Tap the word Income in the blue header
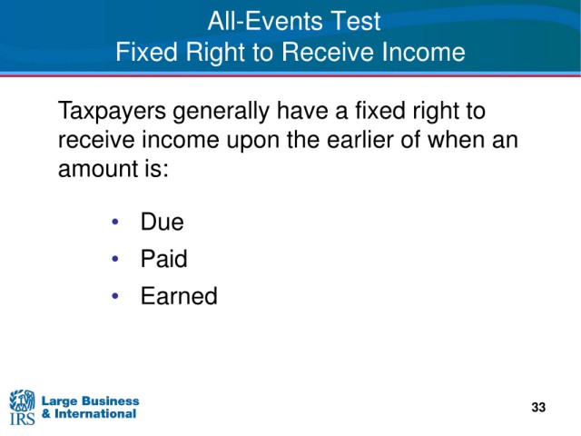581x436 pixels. point(423,52)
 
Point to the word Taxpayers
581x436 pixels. point(112,111)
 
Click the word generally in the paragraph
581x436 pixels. point(221,111)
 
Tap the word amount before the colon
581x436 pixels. point(98,169)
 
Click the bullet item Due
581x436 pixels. point(162,222)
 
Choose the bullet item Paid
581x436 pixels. point(163,258)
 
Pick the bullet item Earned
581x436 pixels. point(179,296)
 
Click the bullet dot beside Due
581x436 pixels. point(115,222)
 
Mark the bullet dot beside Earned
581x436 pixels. point(115,296)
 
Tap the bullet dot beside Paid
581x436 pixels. point(115,258)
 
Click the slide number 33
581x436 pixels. point(538,407)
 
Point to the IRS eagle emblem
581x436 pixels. point(22,401)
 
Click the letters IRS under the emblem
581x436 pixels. point(22,419)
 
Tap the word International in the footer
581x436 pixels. point(95,413)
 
